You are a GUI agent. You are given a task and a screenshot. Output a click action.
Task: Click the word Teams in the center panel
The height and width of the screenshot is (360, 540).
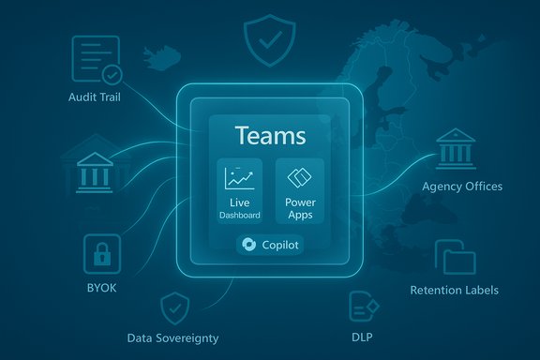click(x=269, y=136)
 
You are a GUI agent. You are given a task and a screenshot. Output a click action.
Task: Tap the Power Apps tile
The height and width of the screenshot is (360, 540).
click(x=299, y=192)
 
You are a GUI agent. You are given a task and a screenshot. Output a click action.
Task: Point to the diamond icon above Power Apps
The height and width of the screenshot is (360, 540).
click(x=299, y=177)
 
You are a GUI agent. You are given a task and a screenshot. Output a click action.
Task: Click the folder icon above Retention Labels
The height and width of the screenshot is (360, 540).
click(x=457, y=259)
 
